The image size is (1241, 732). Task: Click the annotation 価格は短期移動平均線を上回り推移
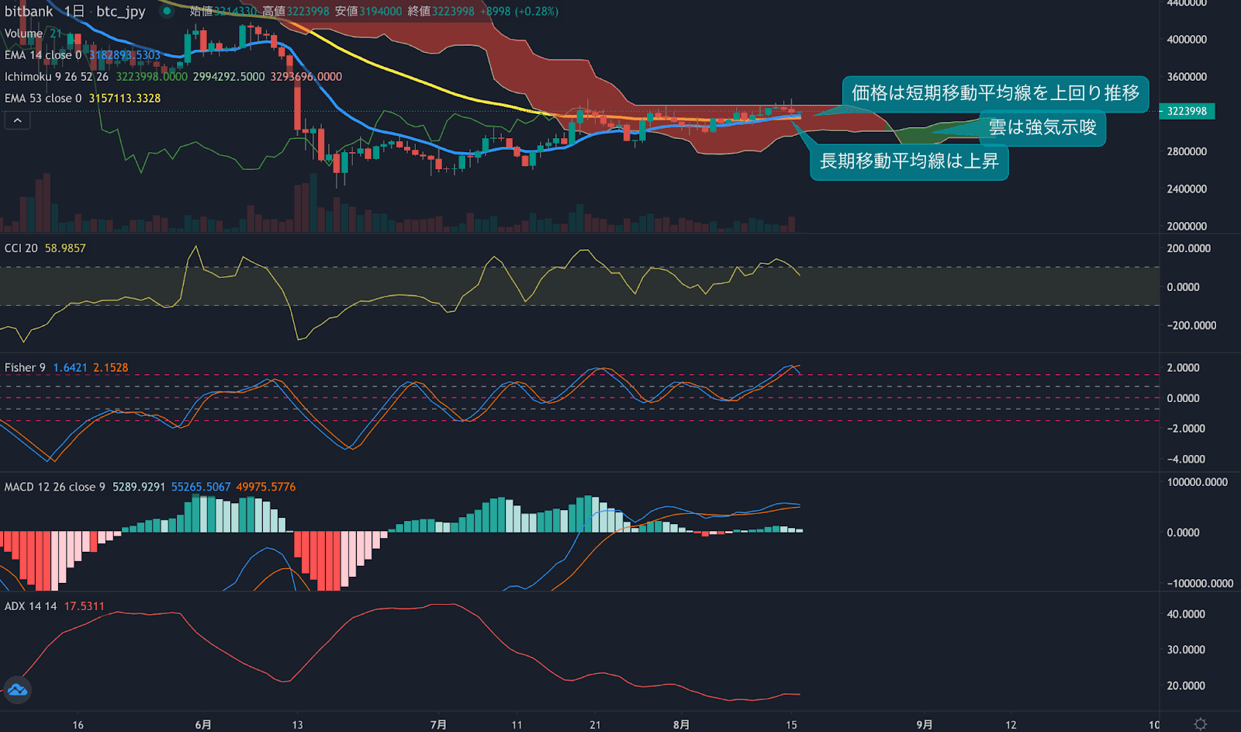(994, 93)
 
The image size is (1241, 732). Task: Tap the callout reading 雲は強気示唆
(1042, 127)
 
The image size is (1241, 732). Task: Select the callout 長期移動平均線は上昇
(909, 161)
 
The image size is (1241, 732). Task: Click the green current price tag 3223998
(1187, 111)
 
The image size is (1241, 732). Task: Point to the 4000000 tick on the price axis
(1187, 40)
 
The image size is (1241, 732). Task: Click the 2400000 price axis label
(1187, 189)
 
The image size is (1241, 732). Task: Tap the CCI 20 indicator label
(21, 248)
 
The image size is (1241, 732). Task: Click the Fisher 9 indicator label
(25, 368)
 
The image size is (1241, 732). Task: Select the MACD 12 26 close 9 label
(54, 487)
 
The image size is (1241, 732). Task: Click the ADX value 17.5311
(84, 606)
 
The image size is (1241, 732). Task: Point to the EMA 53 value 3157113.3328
(124, 99)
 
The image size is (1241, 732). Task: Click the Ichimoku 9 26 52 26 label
(57, 77)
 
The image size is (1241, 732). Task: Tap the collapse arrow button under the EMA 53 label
(17, 120)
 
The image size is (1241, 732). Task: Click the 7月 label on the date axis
(438, 724)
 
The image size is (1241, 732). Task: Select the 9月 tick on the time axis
(924, 724)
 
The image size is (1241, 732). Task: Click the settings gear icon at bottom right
(1200, 724)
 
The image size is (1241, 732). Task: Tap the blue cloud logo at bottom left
(17, 689)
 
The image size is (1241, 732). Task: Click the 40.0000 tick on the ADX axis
(1186, 614)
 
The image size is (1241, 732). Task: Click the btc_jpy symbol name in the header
(120, 12)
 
